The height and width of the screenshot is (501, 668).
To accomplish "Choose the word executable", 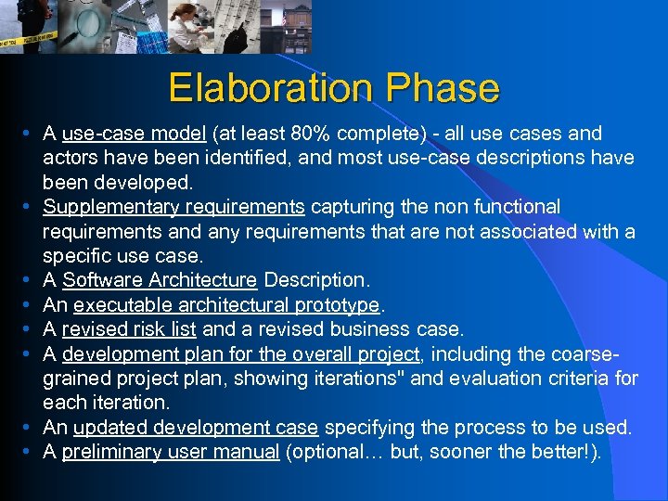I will pos(119,304).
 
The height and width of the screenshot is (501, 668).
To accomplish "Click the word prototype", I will pos(337,304).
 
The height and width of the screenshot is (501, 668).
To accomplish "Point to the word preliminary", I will pos(109,453).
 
